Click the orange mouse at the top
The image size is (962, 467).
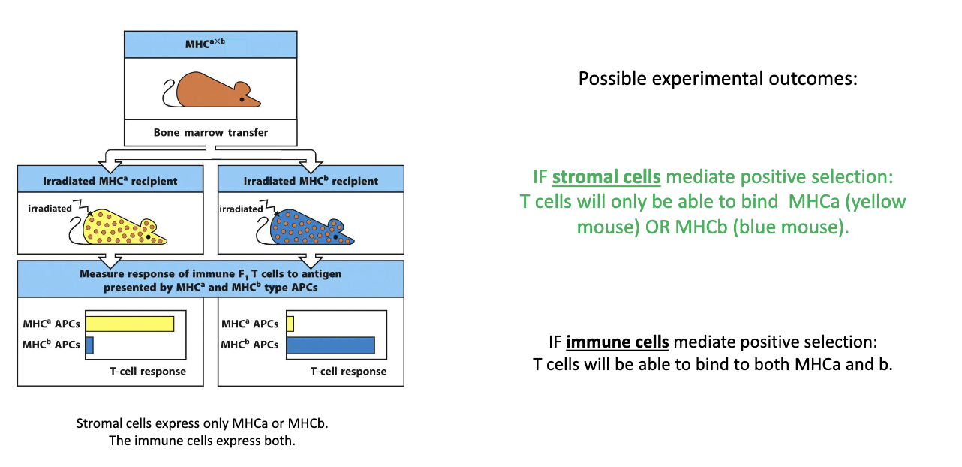click(x=214, y=92)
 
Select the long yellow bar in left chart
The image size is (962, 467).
click(x=130, y=324)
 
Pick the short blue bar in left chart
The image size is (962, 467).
click(x=89, y=345)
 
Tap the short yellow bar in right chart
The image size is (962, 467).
click(x=290, y=324)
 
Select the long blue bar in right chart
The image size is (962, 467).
click(x=330, y=345)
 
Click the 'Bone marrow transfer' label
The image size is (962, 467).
click(x=211, y=133)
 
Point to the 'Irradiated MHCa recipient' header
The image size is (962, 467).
click(x=110, y=181)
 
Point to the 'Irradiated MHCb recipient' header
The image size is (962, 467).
click(x=311, y=181)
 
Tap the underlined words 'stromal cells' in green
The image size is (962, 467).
click(x=606, y=177)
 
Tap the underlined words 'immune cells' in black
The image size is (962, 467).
click(x=617, y=342)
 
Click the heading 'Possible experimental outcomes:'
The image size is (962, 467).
click(x=717, y=78)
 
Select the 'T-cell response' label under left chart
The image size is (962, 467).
click(x=147, y=371)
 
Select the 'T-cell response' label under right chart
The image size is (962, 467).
click(x=348, y=371)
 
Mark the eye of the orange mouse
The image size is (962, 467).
click(x=242, y=99)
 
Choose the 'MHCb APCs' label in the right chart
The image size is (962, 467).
click(x=250, y=345)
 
